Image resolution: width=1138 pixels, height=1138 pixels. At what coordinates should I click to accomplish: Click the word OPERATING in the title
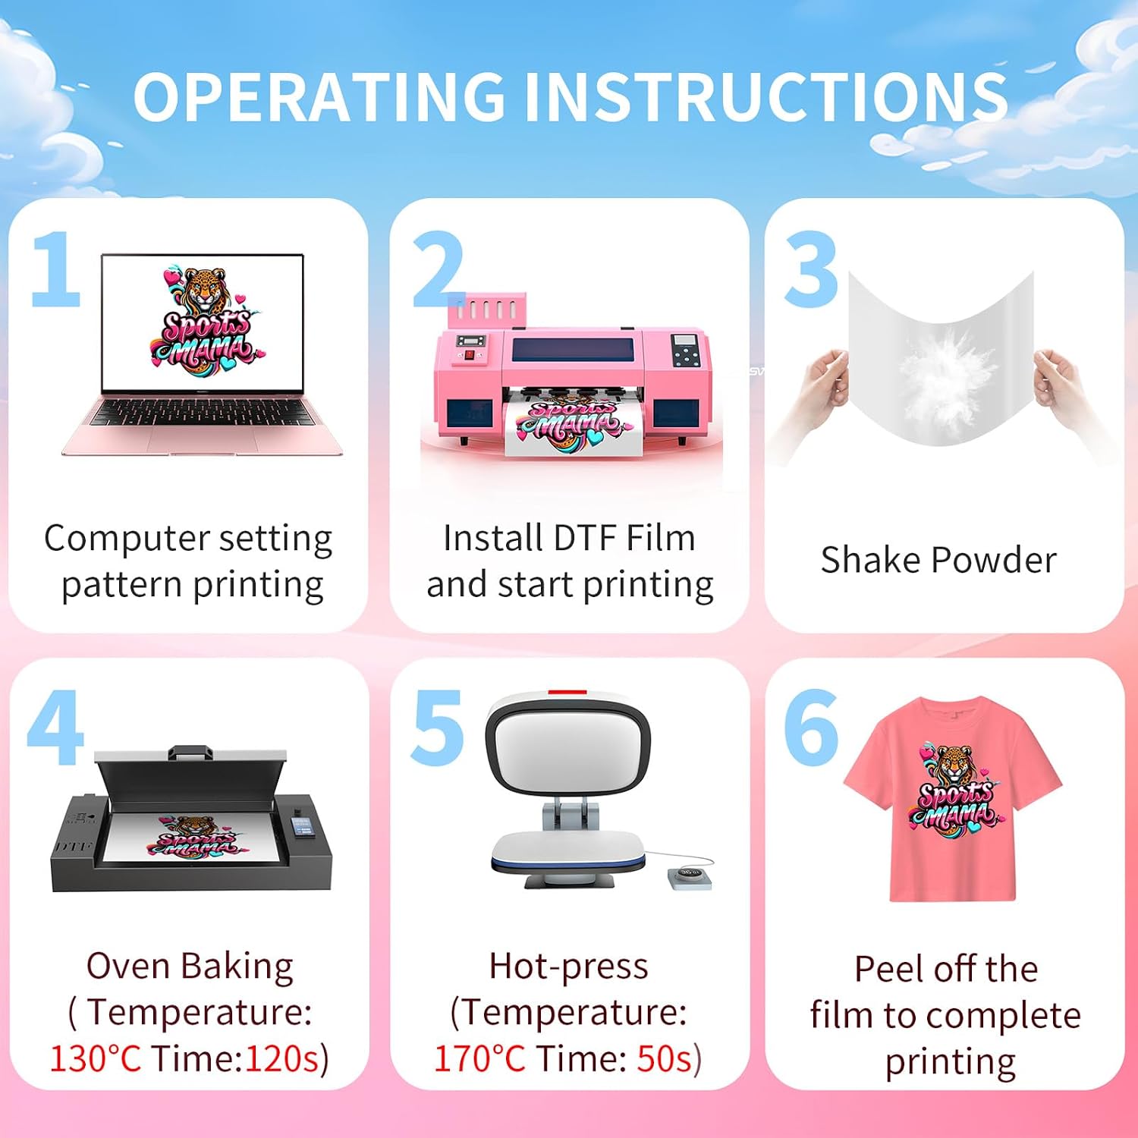319,96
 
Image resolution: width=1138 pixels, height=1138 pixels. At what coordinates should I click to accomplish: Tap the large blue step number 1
56,269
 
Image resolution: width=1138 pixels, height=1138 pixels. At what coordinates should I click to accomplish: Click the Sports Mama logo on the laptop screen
203,319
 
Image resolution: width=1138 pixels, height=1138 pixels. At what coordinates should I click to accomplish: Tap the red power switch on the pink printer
469,354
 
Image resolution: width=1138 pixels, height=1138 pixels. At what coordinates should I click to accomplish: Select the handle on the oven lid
189,753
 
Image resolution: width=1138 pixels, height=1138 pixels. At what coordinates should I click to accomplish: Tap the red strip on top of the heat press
567,693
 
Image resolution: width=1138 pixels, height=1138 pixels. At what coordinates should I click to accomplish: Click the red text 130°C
96,1058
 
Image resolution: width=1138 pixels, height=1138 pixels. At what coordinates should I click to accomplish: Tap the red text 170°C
479,1058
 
